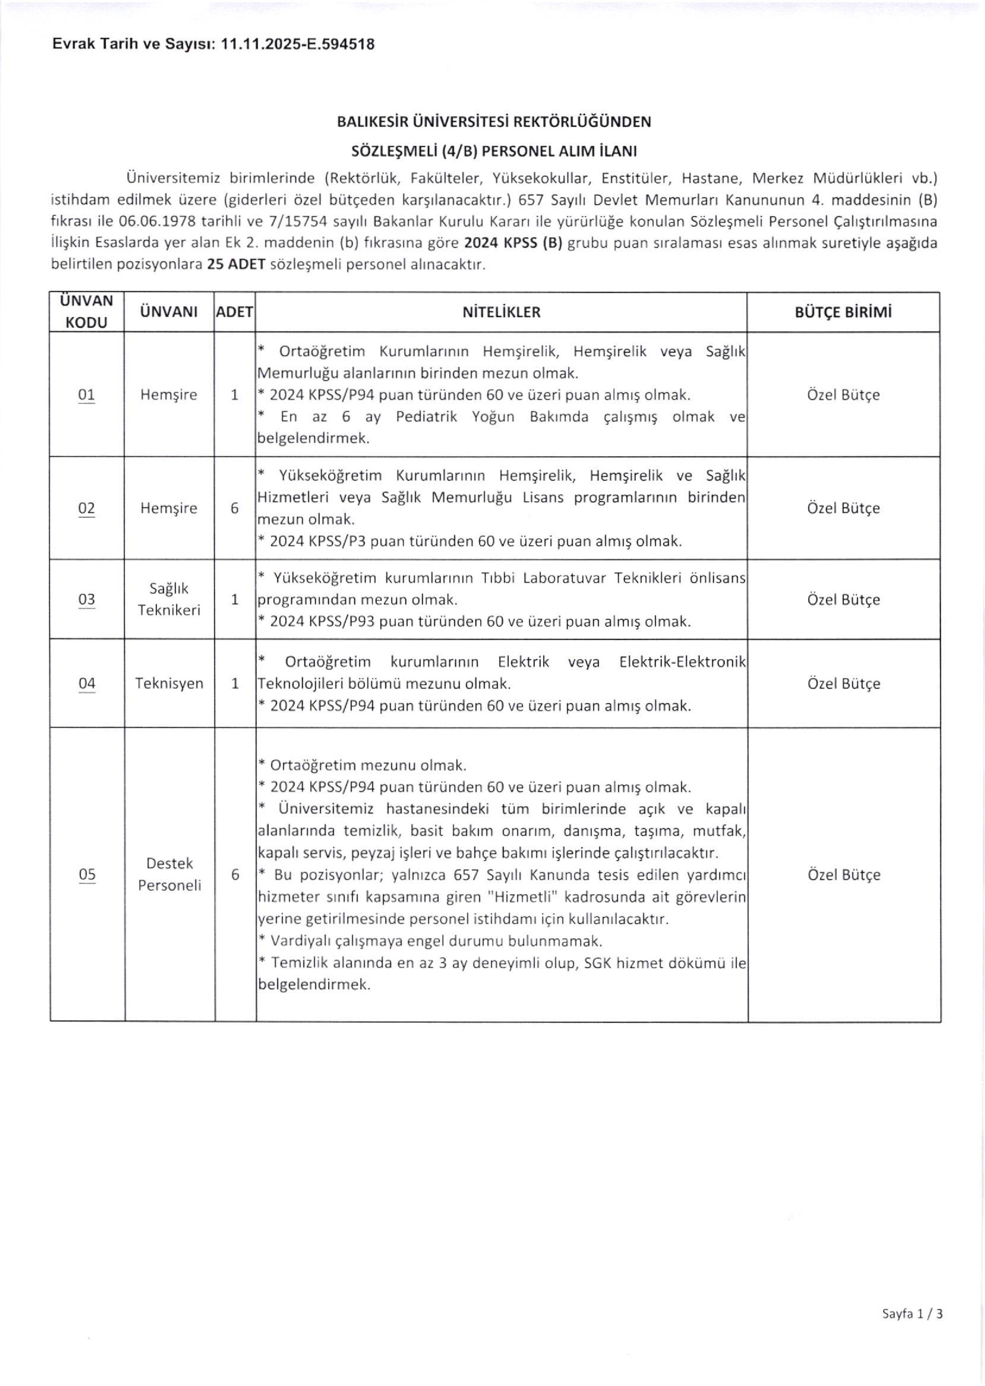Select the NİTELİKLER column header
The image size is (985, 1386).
pos(501,312)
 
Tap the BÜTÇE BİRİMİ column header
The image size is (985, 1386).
pos(843,312)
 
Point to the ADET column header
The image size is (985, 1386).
pos(235,312)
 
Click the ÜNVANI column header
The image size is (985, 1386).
pos(169,312)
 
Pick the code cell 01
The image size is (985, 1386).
pos(87,395)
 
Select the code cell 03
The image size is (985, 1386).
pos(87,600)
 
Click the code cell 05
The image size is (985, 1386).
pos(87,874)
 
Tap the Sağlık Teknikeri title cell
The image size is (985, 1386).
pos(169,600)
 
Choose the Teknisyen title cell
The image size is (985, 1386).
pos(169,684)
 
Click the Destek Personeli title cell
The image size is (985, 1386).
pos(169,874)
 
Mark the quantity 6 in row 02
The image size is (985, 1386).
pos(235,508)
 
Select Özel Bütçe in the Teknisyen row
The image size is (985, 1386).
pos(843,684)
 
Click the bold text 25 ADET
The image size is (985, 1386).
pos(236,265)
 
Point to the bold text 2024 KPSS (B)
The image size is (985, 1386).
pos(514,243)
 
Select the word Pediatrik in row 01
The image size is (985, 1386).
pos(425,417)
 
